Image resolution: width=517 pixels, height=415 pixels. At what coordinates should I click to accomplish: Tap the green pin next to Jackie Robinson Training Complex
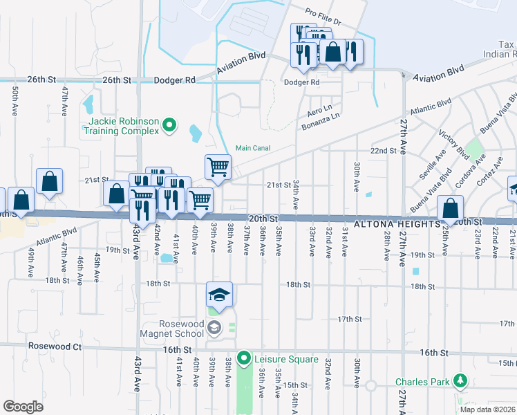coord(169,126)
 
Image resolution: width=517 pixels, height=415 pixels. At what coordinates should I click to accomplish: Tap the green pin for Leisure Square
coord(243,359)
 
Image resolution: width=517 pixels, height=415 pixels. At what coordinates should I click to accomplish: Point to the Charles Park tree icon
coord(459,381)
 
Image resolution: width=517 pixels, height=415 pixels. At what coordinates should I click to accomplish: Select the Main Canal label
coord(252,147)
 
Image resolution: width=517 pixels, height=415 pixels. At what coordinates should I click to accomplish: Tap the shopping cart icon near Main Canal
coord(218,166)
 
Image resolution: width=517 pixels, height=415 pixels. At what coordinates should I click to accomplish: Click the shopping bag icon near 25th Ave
coord(451,208)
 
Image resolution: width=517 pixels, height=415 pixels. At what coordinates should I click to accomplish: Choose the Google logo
coord(23,407)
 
